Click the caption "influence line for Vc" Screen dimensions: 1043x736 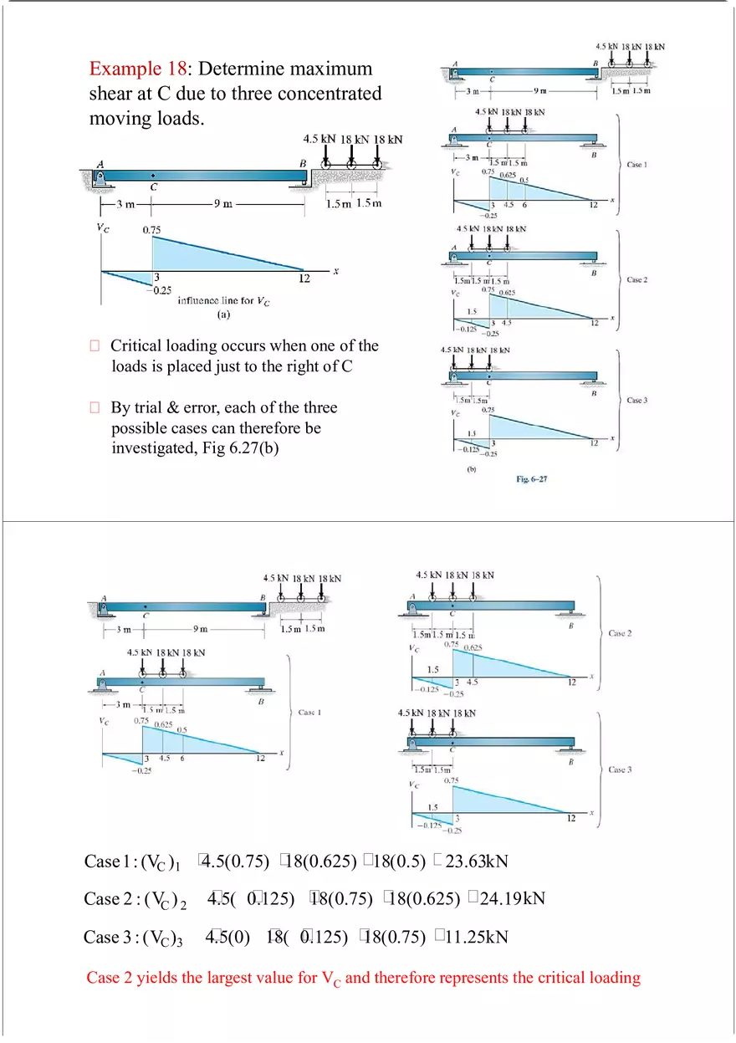(x=223, y=301)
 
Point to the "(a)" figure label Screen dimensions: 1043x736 (x=223, y=316)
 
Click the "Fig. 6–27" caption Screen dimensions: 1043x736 (x=532, y=479)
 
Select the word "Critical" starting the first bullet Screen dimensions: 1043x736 (x=140, y=345)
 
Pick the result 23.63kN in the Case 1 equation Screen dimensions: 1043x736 (x=477, y=861)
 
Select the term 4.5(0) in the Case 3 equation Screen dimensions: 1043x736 (x=228, y=937)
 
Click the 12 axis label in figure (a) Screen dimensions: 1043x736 (x=304, y=278)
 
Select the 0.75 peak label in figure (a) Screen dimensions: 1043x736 (x=152, y=228)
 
